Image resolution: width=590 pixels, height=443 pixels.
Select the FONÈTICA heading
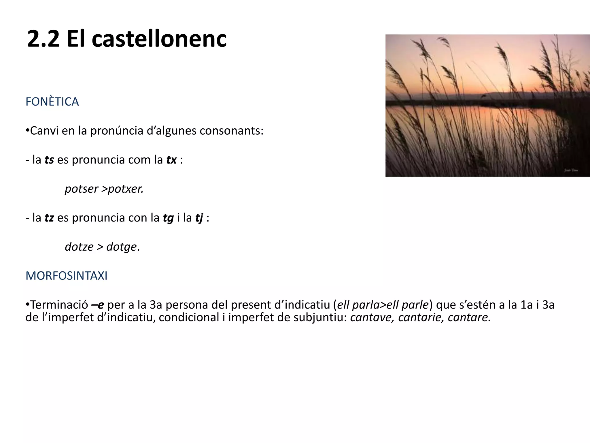[x=52, y=102]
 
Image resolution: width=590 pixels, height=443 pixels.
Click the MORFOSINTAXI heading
[x=67, y=276]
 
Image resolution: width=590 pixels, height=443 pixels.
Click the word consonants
[x=231, y=131]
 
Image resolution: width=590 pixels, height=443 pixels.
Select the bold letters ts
[x=49, y=160]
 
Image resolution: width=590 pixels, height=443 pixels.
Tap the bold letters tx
[x=171, y=160]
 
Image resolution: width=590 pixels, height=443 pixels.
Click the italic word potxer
[x=126, y=189]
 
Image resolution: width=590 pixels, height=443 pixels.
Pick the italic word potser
[x=82, y=189]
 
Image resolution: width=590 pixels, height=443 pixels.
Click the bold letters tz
[x=49, y=218]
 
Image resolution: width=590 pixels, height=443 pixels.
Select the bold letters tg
[x=168, y=218]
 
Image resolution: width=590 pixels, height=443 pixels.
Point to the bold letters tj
[x=199, y=218]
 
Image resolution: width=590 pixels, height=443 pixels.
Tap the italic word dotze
[x=79, y=247]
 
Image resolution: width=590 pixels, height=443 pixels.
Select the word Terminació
[x=59, y=305]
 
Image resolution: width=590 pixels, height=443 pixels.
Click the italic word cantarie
[x=421, y=318]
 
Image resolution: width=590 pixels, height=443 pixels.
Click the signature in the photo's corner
[x=571, y=170]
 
